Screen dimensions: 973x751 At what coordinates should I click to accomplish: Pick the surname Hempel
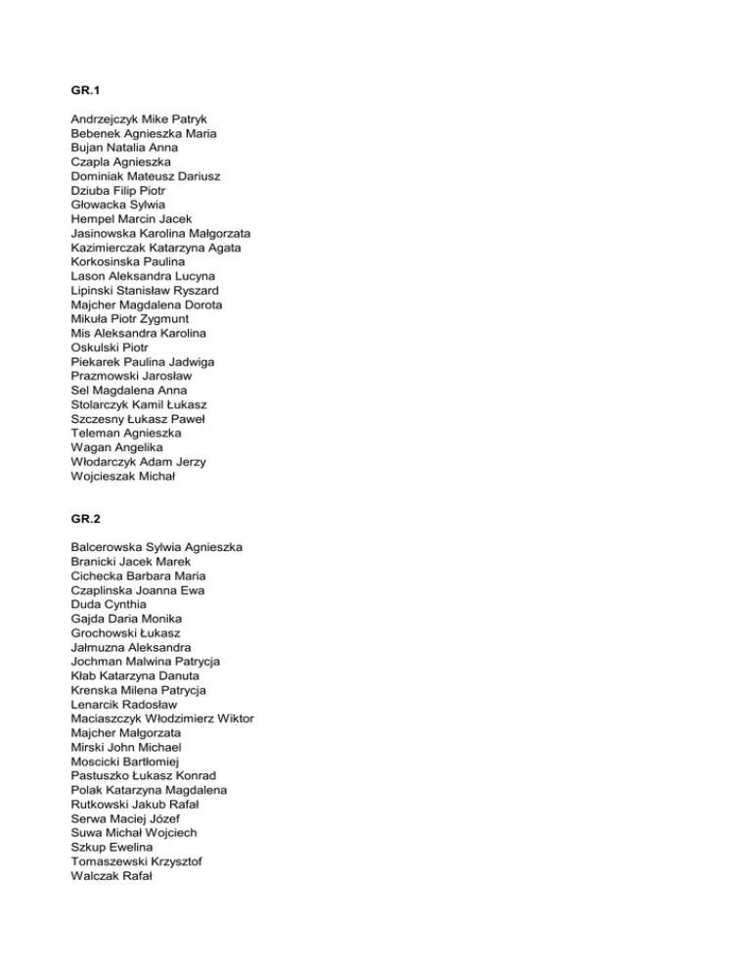click(x=94, y=218)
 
